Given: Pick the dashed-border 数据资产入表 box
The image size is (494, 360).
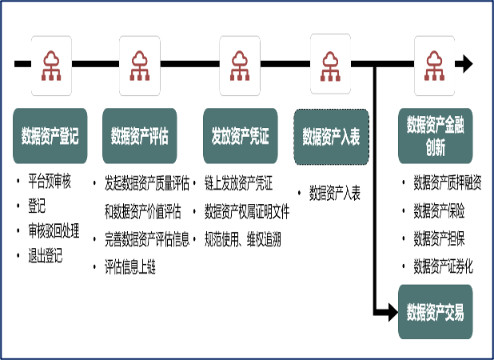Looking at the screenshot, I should coord(331,137).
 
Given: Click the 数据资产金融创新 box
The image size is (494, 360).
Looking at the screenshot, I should coord(436,136).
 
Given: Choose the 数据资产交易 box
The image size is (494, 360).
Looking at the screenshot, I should coord(436,310).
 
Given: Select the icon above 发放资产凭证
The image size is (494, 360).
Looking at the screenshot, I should coord(240,63).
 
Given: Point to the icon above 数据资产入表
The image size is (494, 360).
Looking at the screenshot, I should coord(331,63).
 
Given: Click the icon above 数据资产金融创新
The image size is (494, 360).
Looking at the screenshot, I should coord(435,63).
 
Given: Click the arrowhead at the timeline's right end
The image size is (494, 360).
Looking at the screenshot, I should coord(465,64).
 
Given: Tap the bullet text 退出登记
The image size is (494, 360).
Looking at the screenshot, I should coord(46,256).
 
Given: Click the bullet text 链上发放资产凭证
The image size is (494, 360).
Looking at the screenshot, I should coord(238,184).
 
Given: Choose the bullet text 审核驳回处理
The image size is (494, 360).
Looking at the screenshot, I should coord(54,232).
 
